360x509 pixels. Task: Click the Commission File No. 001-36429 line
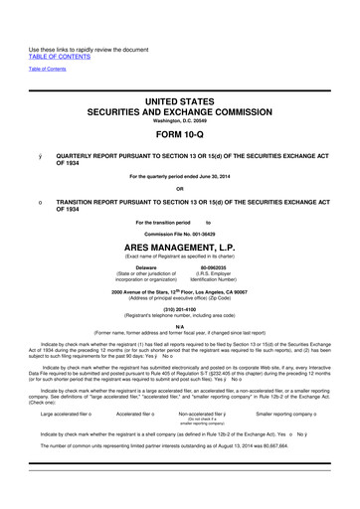pos(180,221)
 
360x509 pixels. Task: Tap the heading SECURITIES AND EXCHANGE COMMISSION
pos(180,78)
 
